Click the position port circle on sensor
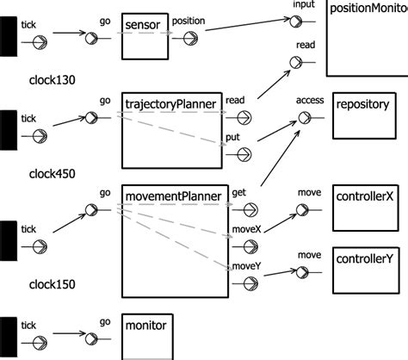click(x=189, y=37)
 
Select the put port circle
click(x=244, y=154)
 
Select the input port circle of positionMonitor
click(x=297, y=18)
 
